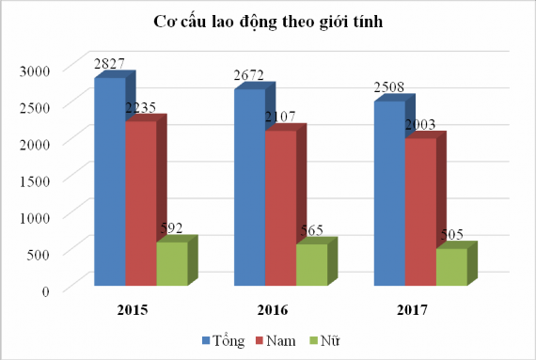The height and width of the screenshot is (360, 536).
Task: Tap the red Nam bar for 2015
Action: (x=140, y=202)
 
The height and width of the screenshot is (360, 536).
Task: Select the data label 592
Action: (x=174, y=229)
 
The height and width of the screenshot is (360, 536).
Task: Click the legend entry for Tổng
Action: (x=223, y=338)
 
